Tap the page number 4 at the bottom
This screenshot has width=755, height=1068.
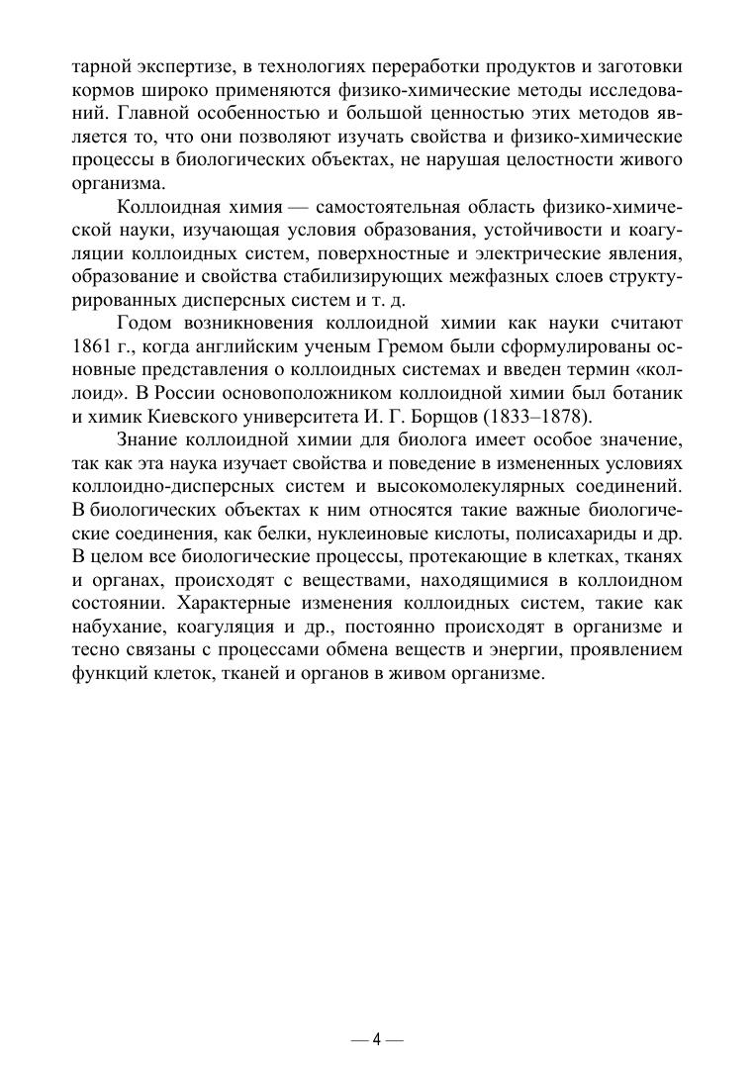pyautogui.click(x=377, y=1040)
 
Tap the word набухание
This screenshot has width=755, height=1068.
pyautogui.click(x=117, y=627)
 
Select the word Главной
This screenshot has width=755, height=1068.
pyautogui.click(x=139, y=112)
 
